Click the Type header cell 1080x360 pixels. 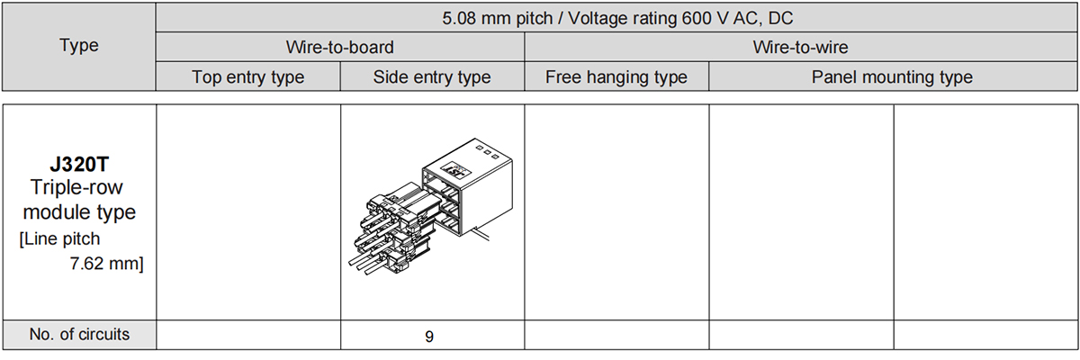coord(79,46)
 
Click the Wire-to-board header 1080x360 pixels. coord(340,47)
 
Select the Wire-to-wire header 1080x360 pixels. coord(800,47)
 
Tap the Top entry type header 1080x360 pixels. coord(247,76)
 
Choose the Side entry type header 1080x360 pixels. coord(432,76)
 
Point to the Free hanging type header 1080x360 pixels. coord(616,76)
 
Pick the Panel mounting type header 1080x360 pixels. coord(892,76)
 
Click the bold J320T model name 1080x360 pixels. coord(79,165)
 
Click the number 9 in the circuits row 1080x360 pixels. coord(429,337)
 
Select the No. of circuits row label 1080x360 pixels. coord(79,334)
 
